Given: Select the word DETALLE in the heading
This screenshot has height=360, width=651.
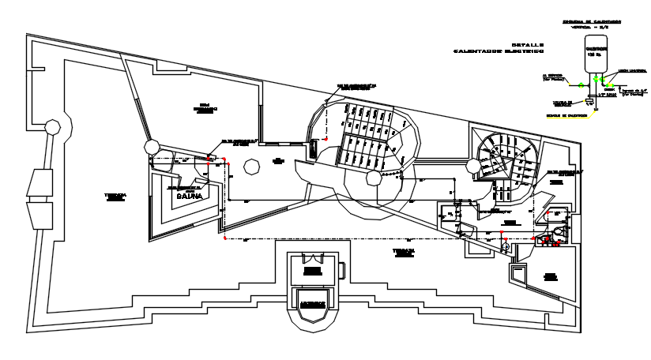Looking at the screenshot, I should coord(527,44).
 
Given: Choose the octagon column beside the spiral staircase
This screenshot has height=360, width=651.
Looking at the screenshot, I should coord(474,165).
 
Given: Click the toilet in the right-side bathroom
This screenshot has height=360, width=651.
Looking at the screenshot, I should coord(559,231).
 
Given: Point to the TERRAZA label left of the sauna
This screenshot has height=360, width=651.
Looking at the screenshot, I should coord(115,196).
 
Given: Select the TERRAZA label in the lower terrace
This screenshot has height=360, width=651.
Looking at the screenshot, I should coord(405,251).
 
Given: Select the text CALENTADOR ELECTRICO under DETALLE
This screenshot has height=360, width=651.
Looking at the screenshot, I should coord(499,51).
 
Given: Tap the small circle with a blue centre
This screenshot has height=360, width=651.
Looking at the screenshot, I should coord(506,246).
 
